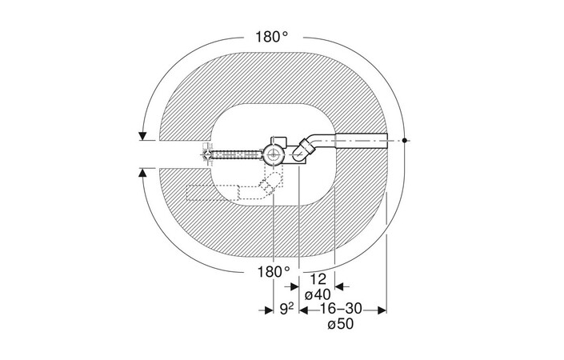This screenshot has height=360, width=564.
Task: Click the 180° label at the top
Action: click(272, 37)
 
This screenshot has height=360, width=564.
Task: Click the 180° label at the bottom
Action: click(274, 272)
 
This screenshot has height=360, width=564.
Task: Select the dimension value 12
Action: click(318, 279)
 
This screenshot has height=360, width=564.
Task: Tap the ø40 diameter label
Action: click(318, 295)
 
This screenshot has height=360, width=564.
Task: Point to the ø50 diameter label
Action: click(341, 324)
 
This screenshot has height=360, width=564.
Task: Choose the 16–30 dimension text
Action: click(341, 309)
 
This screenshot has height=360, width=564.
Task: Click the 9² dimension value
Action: click(286, 310)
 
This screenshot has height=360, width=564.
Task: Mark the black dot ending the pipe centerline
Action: click(404, 140)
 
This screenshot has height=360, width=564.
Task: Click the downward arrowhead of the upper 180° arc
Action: click(142, 136)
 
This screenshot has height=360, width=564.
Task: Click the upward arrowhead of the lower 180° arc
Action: click(142, 173)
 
